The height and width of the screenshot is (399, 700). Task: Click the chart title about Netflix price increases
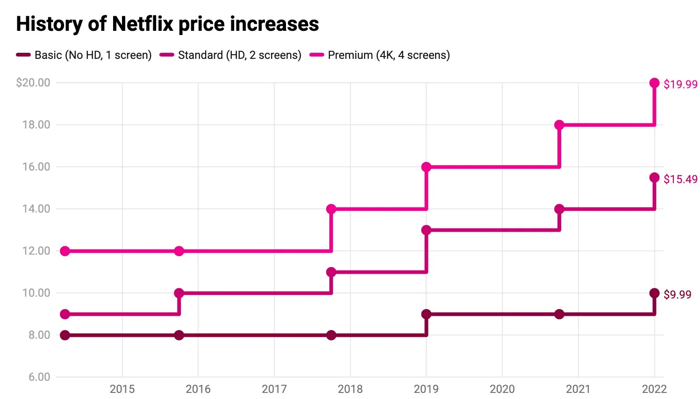tap(167, 24)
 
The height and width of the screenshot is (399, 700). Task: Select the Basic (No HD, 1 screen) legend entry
tap(84, 55)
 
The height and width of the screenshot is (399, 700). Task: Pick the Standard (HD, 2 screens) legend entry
tap(231, 55)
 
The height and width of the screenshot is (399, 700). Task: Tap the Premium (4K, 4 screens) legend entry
tap(380, 55)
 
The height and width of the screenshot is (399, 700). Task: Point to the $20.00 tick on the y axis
tap(33, 83)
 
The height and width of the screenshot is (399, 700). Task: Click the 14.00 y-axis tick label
tap(36, 209)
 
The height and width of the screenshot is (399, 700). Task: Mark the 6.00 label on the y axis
tap(39, 377)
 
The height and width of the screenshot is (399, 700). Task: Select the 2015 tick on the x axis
tap(122, 389)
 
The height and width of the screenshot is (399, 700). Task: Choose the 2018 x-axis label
tap(350, 389)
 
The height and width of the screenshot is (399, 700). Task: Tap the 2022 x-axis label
tap(654, 389)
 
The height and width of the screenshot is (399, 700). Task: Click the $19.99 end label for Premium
tap(680, 84)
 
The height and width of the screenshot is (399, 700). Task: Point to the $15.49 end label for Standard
tap(680, 179)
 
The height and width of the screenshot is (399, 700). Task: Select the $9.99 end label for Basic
tap(677, 294)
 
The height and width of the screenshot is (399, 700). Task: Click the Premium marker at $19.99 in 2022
tap(654, 83)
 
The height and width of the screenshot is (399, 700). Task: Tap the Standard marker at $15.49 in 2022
tap(654, 178)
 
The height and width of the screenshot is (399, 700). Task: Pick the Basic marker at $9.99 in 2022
tap(654, 293)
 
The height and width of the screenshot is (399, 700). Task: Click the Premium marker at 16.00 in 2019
tap(426, 167)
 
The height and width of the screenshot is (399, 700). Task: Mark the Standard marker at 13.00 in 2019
tap(426, 230)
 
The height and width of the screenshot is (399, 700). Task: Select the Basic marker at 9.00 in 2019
tap(426, 314)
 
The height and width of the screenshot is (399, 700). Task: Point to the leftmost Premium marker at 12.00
tap(65, 251)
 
